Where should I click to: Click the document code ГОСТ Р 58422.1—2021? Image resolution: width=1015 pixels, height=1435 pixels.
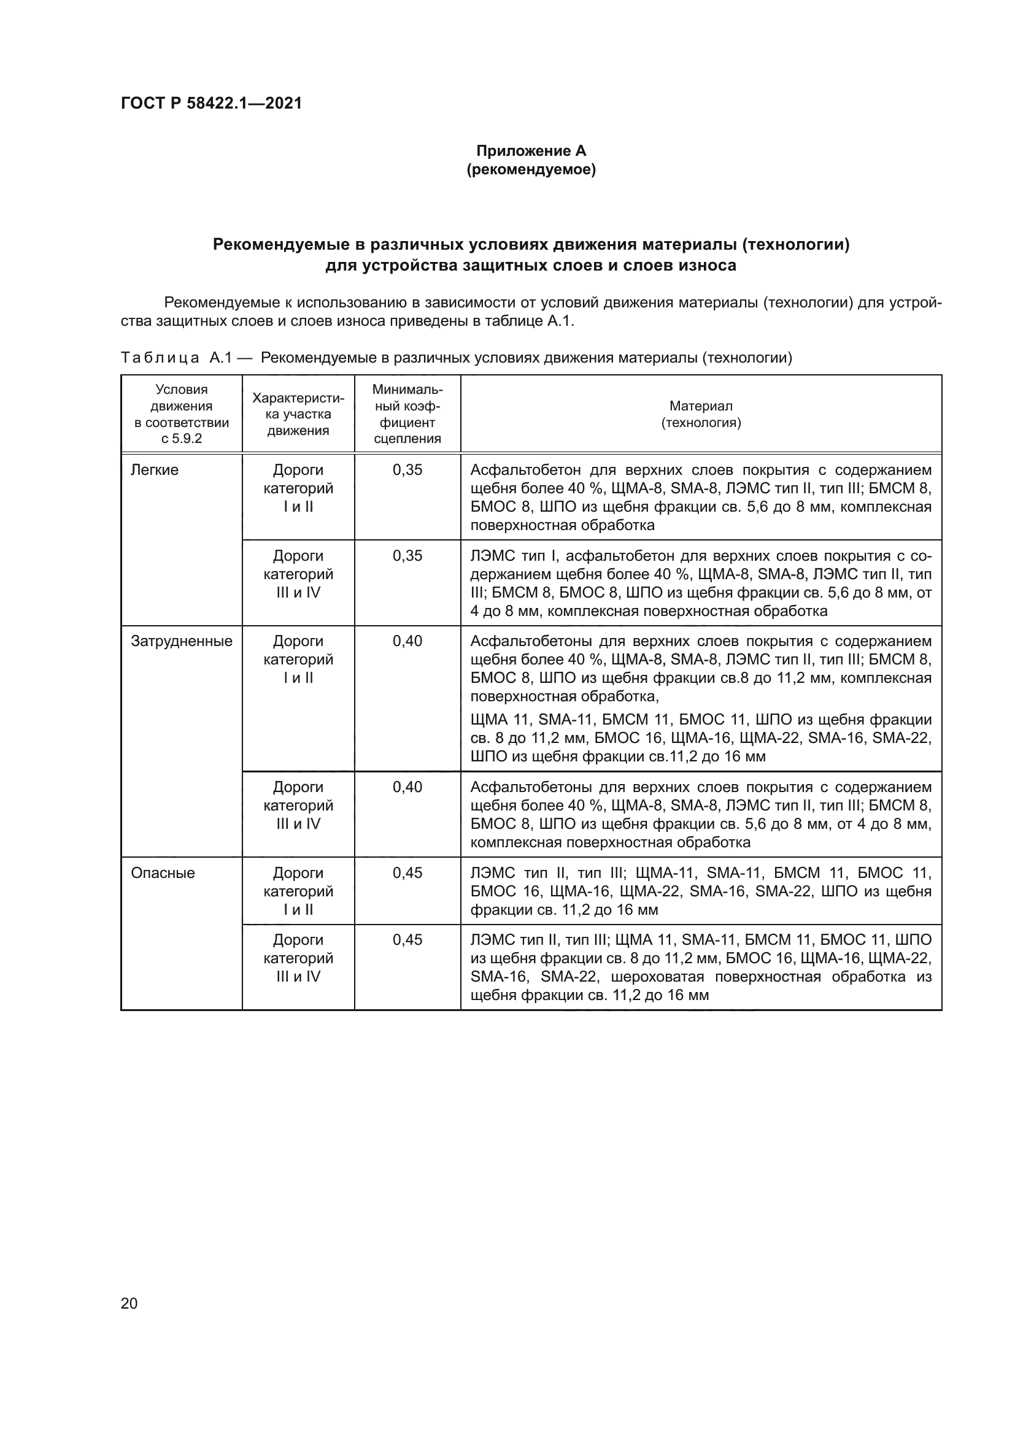tap(210, 103)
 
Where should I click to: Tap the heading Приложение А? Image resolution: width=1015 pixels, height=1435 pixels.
tap(531, 151)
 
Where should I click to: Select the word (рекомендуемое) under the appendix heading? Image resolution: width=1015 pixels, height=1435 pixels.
tap(531, 169)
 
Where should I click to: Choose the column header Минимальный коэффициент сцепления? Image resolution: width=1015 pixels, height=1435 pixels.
tap(407, 414)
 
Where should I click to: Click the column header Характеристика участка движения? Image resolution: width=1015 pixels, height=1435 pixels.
tap(298, 414)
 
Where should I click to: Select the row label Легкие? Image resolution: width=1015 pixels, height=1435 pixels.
tap(155, 470)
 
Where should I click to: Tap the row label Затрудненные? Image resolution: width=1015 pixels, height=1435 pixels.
tap(181, 641)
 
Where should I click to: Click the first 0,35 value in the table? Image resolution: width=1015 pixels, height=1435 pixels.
tap(407, 470)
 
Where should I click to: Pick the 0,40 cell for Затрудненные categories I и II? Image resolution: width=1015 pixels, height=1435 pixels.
tap(407, 641)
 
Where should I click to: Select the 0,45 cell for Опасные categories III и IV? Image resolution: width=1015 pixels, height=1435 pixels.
tap(407, 940)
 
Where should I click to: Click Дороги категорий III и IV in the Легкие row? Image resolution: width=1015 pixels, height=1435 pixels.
tap(298, 574)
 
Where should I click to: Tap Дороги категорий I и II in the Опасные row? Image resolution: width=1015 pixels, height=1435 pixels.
tap(298, 891)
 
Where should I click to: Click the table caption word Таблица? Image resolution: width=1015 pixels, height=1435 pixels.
tap(160, 358)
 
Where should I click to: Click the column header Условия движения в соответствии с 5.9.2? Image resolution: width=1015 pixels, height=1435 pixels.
tap(181, 414)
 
